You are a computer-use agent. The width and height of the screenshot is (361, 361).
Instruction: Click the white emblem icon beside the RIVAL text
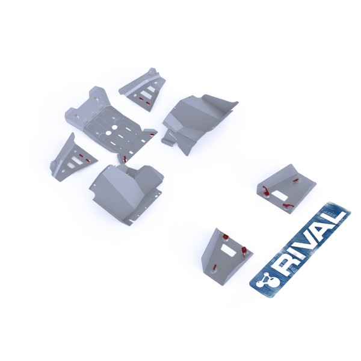coord(264,279)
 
